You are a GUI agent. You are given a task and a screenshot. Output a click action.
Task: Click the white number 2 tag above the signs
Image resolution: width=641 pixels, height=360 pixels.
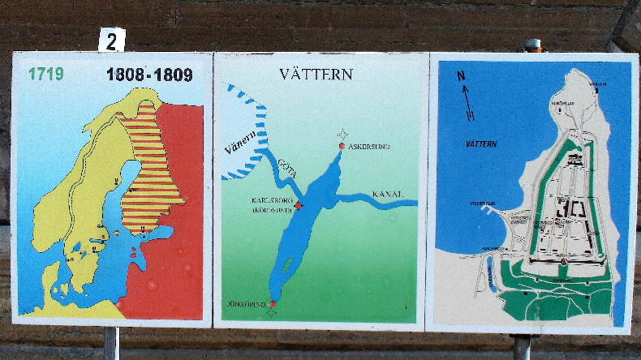112,39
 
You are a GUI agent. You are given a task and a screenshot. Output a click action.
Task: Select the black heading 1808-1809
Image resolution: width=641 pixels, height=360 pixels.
149,75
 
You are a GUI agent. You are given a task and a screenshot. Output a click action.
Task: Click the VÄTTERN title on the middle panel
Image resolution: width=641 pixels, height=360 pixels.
316,74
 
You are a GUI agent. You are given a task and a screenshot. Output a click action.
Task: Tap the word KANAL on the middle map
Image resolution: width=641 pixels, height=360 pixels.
388,194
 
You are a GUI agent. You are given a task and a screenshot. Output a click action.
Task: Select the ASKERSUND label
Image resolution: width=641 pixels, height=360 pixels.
369,146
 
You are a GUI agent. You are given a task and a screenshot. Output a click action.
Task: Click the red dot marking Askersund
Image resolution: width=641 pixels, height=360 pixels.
342,146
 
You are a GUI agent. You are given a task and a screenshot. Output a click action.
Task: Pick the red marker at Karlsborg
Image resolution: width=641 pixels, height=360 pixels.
298,205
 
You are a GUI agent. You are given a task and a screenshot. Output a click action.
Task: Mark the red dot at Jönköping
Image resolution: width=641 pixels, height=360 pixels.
272,304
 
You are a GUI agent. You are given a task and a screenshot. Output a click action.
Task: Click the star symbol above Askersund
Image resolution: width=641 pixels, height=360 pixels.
343,134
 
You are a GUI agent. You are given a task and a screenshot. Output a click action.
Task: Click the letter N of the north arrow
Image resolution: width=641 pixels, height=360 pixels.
461,76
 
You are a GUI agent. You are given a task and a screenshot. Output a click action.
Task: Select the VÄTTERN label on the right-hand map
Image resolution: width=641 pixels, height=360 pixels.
481,144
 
